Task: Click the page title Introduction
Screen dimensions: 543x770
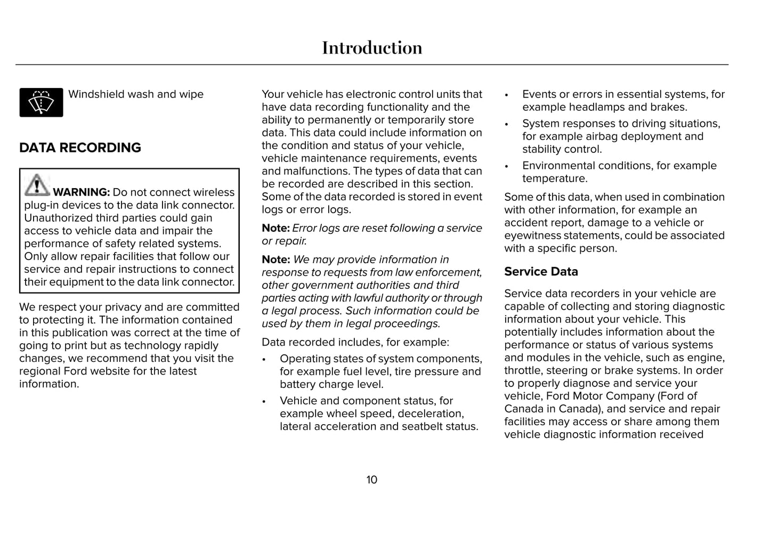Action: pyautogui.click(x=372, y=48)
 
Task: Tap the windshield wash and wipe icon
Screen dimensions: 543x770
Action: pyautogui.click(x=41, y=102)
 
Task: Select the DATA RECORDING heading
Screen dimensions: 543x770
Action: pyautogui.click(x=80, y=148)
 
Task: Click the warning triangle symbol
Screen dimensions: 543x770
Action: pyautogui.click(x=37, y=185)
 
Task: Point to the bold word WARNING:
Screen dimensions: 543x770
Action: pyautogui.click(x=81, y=192)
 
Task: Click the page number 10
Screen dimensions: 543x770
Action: pyautogui.click(x=371, y=480)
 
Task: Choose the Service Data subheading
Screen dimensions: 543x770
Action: pyautogui.click(x=541, y=272)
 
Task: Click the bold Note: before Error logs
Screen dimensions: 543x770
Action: pyautogui.click(x=275, y=228)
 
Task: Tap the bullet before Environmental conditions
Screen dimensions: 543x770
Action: pyautogui.click(x=507, y=166)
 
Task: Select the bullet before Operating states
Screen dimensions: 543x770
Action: pyautogui.click(x=264, y=359)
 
